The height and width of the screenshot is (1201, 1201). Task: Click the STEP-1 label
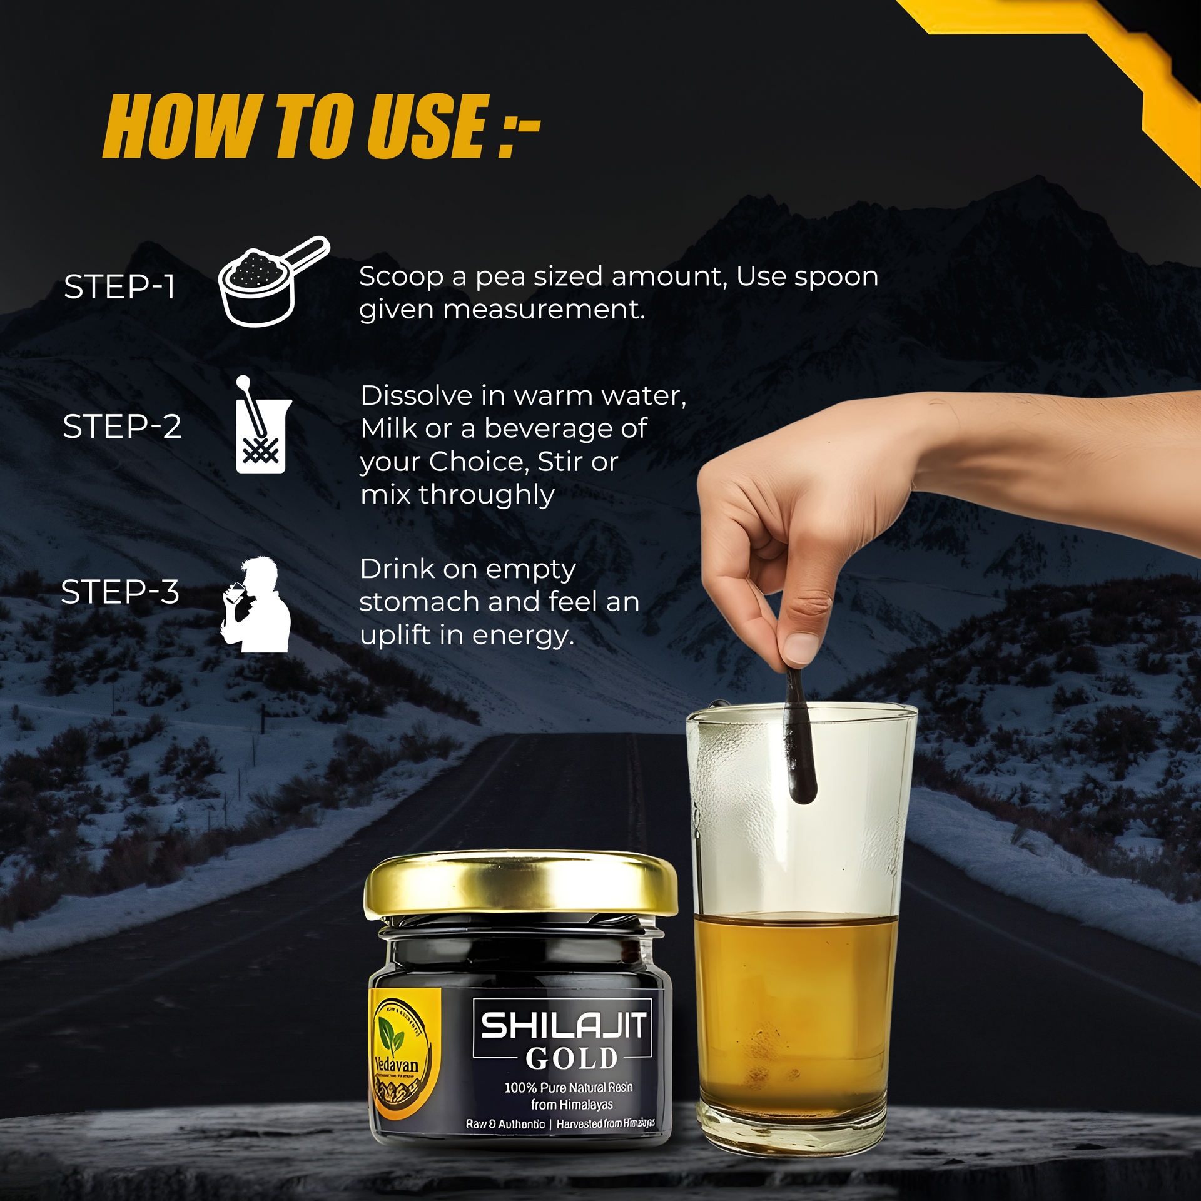click(119, 287)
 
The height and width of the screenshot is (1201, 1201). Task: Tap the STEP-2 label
click(122, 427)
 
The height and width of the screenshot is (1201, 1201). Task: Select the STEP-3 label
click(120, 592)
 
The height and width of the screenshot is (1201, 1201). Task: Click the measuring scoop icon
click(270, 282)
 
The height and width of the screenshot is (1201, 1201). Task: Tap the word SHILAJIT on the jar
click(563, 1026)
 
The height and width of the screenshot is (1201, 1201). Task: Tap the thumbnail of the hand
click(801, 647)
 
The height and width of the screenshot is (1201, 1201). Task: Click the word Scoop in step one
click(401, 276)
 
